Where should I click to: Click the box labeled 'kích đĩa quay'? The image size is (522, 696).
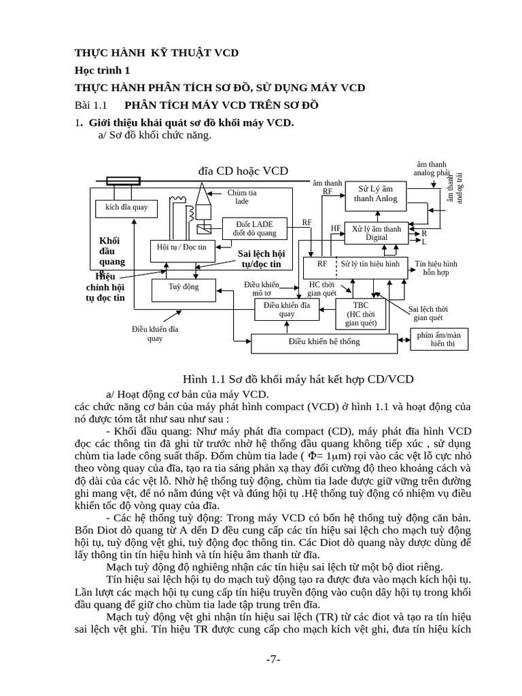click(126, 207)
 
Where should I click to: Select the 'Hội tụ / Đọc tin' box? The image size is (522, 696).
click(181, 248)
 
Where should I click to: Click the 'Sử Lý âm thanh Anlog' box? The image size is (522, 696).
click(376, 194)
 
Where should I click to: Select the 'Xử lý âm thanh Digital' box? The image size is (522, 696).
click(377, 233)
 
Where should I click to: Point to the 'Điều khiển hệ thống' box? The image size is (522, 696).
click(324, 342)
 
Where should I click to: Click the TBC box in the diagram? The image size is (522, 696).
click(361, 314)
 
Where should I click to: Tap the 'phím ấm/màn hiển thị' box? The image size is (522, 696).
click(439, 339)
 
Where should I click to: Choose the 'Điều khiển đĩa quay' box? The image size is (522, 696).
click(287, 309)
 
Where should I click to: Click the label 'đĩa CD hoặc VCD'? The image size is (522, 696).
click(243, 171)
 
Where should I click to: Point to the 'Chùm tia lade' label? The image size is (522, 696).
click(242, 197)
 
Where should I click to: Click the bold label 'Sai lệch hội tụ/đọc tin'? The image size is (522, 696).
click(261, 258)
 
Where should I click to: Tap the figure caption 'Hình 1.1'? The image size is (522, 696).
click(298, 379)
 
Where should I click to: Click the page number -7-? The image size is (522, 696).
click(273, 660)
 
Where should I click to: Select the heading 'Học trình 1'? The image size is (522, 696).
click(102, 70)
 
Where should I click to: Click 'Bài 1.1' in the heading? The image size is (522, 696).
click(90, 105)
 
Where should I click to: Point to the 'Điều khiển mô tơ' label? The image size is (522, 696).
click(262, 289)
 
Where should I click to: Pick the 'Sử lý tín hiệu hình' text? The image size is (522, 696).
click(370, 263)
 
